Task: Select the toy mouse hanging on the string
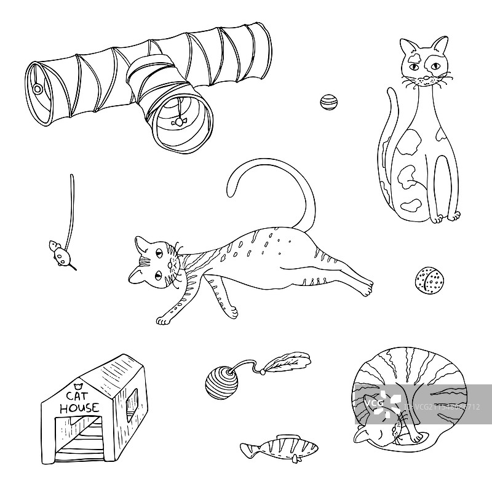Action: coord(59,252)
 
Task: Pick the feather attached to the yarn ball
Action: coord(289,363)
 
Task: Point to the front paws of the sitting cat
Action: coord(444,216)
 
